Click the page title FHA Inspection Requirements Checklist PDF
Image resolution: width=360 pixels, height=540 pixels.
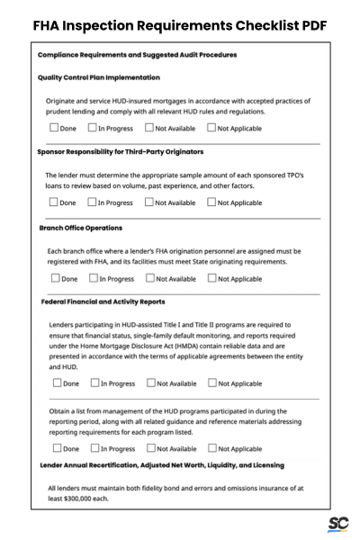pyautogui.click(x=180, y=24)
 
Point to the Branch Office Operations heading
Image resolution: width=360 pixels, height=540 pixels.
pyautogui.click(x=81, y=228)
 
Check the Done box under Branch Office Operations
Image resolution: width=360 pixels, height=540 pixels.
pyautogui.click(x=52, y=278)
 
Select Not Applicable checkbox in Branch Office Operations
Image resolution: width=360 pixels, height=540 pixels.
pyautogui.click(x=211, y=278)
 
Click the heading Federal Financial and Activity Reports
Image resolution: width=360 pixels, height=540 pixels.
pyautogui.click(x=103, y=302)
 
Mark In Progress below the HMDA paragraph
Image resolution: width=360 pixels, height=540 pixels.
pyautogui.click(x=93, y=383)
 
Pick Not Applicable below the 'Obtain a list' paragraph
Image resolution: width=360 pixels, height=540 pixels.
pyautogui.click(x=211, y=448)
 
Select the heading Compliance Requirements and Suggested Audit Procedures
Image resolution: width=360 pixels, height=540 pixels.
pyautogui.click(x=138, y=55)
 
